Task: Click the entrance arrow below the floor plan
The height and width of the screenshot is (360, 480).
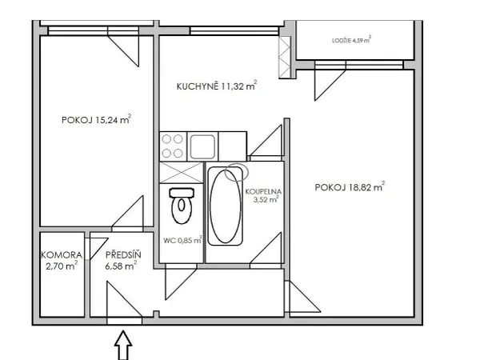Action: pos(123,345)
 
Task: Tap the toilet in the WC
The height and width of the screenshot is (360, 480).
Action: pos(182,206)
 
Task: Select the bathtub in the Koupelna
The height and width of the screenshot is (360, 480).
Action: pos(226,206)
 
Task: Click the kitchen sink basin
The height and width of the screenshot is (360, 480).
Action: pos(202,146)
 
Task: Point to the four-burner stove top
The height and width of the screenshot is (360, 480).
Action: pos(173,146)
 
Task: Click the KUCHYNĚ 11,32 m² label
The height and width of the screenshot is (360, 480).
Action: pos(217,86)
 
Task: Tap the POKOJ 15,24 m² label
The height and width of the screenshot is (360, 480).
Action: pos(97,119)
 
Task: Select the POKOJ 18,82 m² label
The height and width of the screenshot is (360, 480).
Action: pos(350,186)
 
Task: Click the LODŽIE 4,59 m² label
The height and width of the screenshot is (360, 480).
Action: pos(352,40)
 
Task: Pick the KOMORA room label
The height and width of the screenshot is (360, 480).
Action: pos(62,254)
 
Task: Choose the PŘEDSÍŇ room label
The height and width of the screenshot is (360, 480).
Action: pos(123,254)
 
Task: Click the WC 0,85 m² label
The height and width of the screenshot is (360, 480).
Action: pos(182,240)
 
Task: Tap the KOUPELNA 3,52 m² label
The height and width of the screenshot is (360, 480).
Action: pos(263,196)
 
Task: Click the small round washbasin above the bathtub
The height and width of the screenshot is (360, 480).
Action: pos(236,172)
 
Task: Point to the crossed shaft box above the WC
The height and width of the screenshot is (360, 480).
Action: pos(182,173)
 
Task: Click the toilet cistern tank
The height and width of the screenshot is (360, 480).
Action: pos(182,193)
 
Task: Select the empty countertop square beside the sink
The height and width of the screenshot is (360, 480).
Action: pos(232,146)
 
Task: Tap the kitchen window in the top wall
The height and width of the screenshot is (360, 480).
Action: pos(234,31)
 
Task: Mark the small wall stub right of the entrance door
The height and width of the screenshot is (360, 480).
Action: pos(157,314)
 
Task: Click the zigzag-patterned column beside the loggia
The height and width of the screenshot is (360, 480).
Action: pos(285,58)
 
